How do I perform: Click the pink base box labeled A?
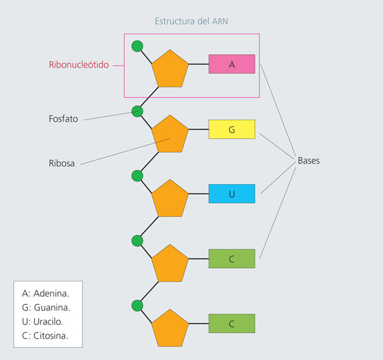(x=232, y=64)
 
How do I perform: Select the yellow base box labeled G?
(x=232, y=129)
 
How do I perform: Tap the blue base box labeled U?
(x=232, y=194)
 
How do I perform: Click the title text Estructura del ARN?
(x=191, y=21)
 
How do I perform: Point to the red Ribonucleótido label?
(x=79, y=65)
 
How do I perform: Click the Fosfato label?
(x=63, y=118)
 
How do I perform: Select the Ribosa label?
(x=62, y=164)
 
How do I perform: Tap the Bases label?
(x=309, y=160)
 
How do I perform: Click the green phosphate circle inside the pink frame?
(x=137, y=46)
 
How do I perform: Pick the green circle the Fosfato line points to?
(x=137, y=111)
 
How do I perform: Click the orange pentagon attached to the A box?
(x=170, y=69)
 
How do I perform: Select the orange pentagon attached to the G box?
(x=170, y=135)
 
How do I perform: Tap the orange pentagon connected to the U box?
(x=170, y=199)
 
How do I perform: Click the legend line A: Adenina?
(x=46, y=293)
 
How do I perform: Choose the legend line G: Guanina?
(x=46, y=307)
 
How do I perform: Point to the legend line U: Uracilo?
(x=42, y=321)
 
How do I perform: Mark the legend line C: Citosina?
(x=45, y=336)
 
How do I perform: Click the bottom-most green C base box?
(x=232, y=323)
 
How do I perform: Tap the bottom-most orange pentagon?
(x=170, y=328)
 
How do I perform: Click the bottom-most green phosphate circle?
(x=137, y=305)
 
